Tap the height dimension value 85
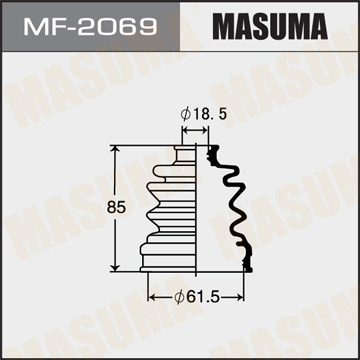(x=99, y=206)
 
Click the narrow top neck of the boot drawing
(x=186, y=153)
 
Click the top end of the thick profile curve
(x=211, y=148)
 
